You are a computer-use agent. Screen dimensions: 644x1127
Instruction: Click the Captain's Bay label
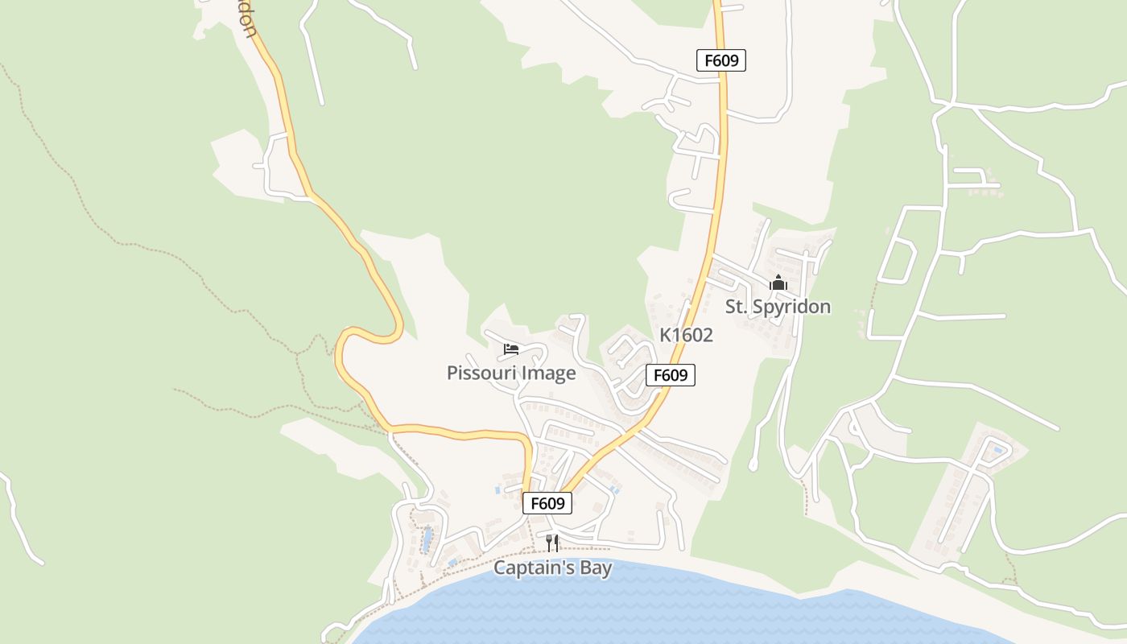552,568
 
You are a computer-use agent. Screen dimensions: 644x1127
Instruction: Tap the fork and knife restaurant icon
552,543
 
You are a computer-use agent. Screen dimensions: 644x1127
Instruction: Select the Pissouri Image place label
511,374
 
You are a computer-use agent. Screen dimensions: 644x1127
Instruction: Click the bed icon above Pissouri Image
511,349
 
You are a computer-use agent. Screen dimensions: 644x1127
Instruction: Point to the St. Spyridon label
778,307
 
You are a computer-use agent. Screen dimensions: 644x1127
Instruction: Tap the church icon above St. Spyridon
778,283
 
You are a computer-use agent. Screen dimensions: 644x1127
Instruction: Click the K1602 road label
687,335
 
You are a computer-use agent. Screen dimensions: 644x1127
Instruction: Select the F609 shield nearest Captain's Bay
547,504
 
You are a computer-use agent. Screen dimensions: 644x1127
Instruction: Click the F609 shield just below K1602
670,375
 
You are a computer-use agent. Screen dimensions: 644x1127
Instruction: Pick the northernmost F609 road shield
721,60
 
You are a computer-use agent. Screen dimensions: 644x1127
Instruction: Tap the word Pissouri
481,374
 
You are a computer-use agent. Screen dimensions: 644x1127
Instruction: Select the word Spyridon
791,307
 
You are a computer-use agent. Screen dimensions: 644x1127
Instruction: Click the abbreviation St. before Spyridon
737,307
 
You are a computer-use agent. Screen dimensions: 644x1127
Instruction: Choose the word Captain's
532,568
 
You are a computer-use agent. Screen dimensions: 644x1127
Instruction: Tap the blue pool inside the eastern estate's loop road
999,448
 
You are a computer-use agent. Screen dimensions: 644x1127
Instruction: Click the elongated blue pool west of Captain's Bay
427,538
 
